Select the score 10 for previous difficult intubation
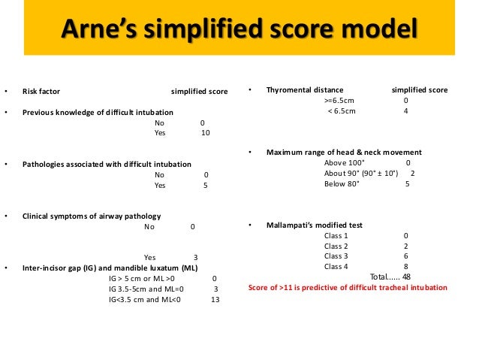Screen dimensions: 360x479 [x=206, y=133]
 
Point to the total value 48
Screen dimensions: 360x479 [x=406, y=277]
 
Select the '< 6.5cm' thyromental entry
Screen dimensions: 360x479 [x=342, y=111]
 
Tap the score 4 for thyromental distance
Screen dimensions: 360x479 [x=405, y=111]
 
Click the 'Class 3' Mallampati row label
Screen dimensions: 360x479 [x=336, y=256]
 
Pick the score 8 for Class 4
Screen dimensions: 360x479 [x=405, y=266]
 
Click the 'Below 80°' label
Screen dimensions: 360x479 [x=342, y=184]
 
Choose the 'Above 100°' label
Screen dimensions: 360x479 [x=342, y=162]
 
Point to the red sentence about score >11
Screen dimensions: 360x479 [x=347, y=288]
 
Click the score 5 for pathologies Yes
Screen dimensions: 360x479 [x=206, y=185]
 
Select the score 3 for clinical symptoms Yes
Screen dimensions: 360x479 [x=196, y=257]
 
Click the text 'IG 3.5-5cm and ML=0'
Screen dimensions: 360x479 [x=146, y=288]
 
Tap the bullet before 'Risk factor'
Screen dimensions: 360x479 [x=6, y=92]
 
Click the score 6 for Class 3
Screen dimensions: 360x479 [x=405, y=256]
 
